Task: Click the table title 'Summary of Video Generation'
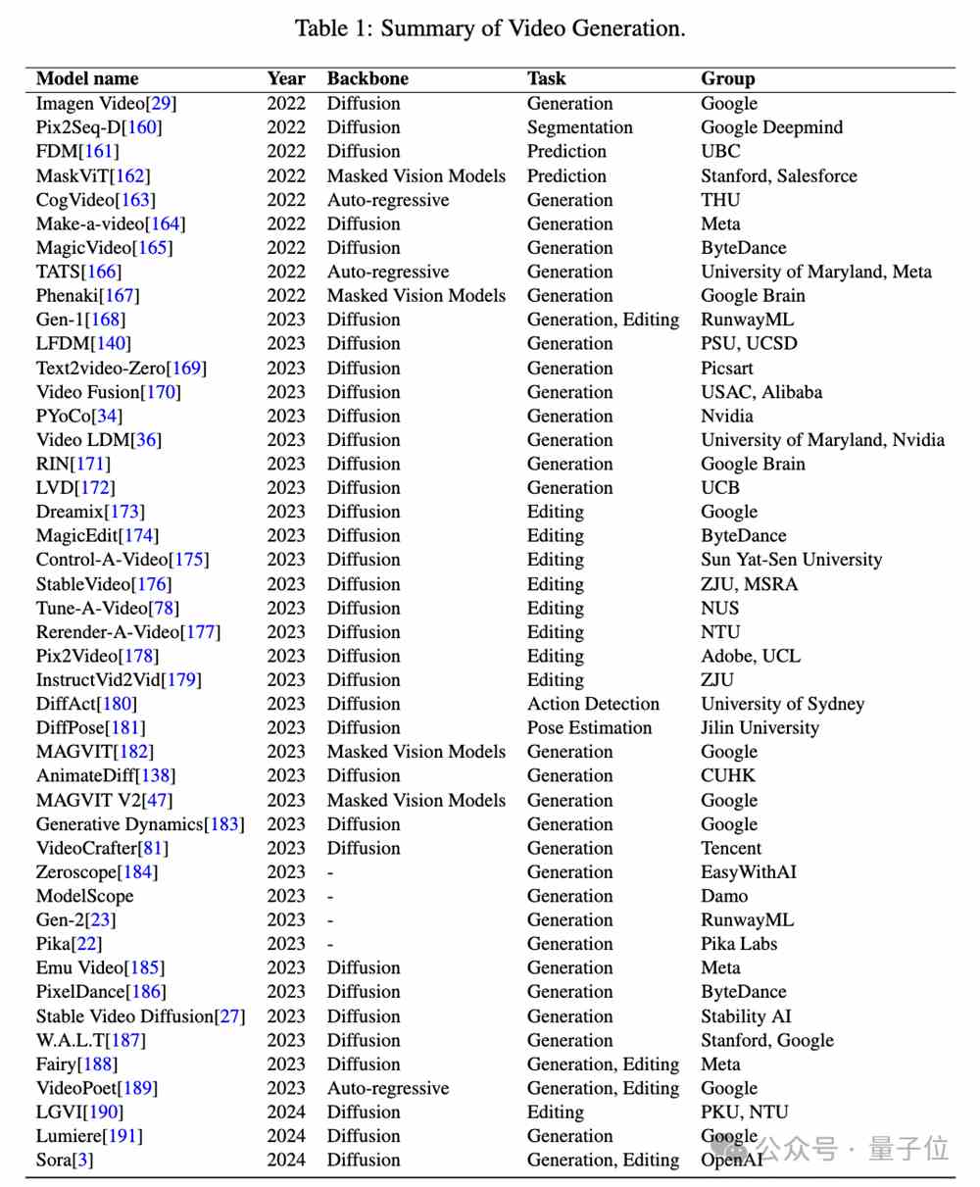coord(532,28)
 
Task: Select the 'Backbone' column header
coord(367,78)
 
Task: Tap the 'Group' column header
coord(727,78)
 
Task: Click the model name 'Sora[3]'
coord(65,1160)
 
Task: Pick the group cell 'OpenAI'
coord(731,1160)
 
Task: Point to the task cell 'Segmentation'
coord(579,127)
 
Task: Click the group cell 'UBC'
coord(720,151)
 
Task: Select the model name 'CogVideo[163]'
coord(95,200)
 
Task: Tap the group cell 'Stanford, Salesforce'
coord(778,175)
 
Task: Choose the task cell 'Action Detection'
coord(593,704)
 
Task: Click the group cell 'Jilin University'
coord(759,727)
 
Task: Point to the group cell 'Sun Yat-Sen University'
coord(791,560)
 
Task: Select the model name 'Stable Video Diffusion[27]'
coord(140,1015)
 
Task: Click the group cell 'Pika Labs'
coord(742,944)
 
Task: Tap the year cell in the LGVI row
coord(286,1112)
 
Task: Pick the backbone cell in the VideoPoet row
coord(388,1088)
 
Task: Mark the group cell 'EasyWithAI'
coord(748,871)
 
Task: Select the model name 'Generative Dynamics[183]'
coord(140,824)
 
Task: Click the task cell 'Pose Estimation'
coord(589,727)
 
